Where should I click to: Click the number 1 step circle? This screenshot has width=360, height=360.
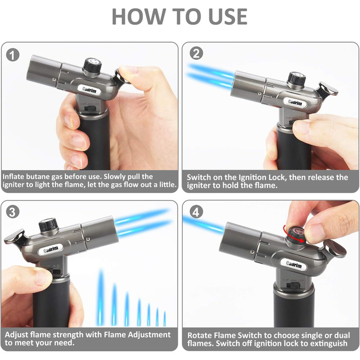[13, 55]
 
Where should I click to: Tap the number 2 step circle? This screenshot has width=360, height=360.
[196, 53]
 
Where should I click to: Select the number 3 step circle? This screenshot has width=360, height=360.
[12, 212]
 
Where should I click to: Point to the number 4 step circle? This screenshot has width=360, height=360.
[196, 212]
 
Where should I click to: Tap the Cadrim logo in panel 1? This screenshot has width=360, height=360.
[89, 89]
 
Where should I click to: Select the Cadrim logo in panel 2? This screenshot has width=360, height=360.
[295, 102]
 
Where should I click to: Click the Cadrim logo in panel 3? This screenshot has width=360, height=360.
[51, 249]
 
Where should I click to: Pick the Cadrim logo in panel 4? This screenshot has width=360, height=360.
[294, 264]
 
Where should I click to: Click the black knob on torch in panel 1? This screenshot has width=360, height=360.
[92, 66]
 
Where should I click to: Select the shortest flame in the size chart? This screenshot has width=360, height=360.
[165, 319]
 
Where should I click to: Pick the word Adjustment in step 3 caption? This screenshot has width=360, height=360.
[149, 335]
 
